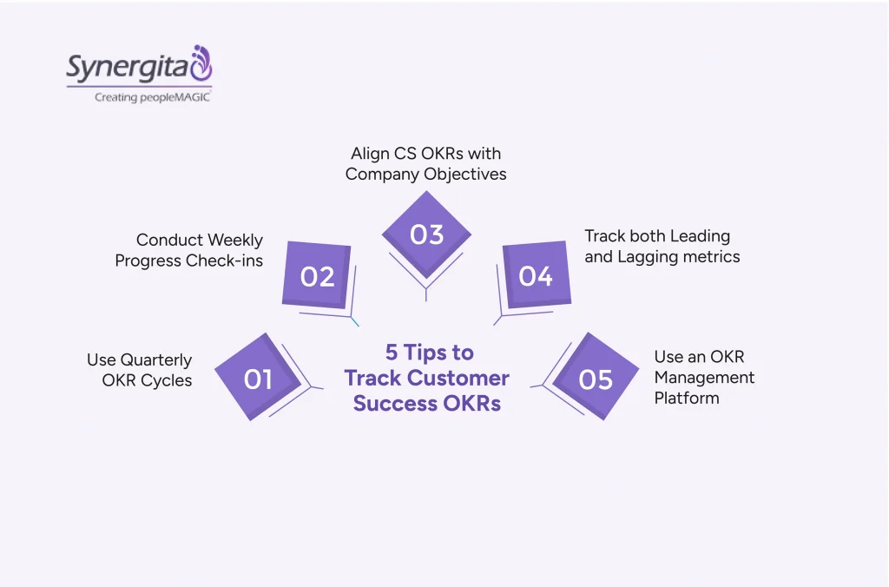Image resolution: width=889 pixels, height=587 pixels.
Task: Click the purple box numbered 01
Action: coord(258,379)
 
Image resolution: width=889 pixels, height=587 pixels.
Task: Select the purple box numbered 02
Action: coord(318,276)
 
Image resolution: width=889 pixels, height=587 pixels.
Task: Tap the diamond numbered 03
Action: coord(426,234)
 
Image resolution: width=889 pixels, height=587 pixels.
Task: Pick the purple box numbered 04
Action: coord(536,276)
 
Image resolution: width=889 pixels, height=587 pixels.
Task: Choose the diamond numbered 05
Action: coord(596,379)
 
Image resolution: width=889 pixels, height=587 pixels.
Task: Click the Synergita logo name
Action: coord(127,68)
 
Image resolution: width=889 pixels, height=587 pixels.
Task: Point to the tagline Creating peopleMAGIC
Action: coord(152,97)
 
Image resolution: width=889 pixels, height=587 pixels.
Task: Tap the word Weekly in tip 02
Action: coord(236,240)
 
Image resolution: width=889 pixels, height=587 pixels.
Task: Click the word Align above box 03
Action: coord(370,154)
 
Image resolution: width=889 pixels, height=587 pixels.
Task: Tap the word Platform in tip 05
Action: coord(687,399)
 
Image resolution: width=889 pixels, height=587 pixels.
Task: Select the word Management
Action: coord(704,378)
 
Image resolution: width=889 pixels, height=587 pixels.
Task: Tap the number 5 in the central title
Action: coord(392,353)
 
